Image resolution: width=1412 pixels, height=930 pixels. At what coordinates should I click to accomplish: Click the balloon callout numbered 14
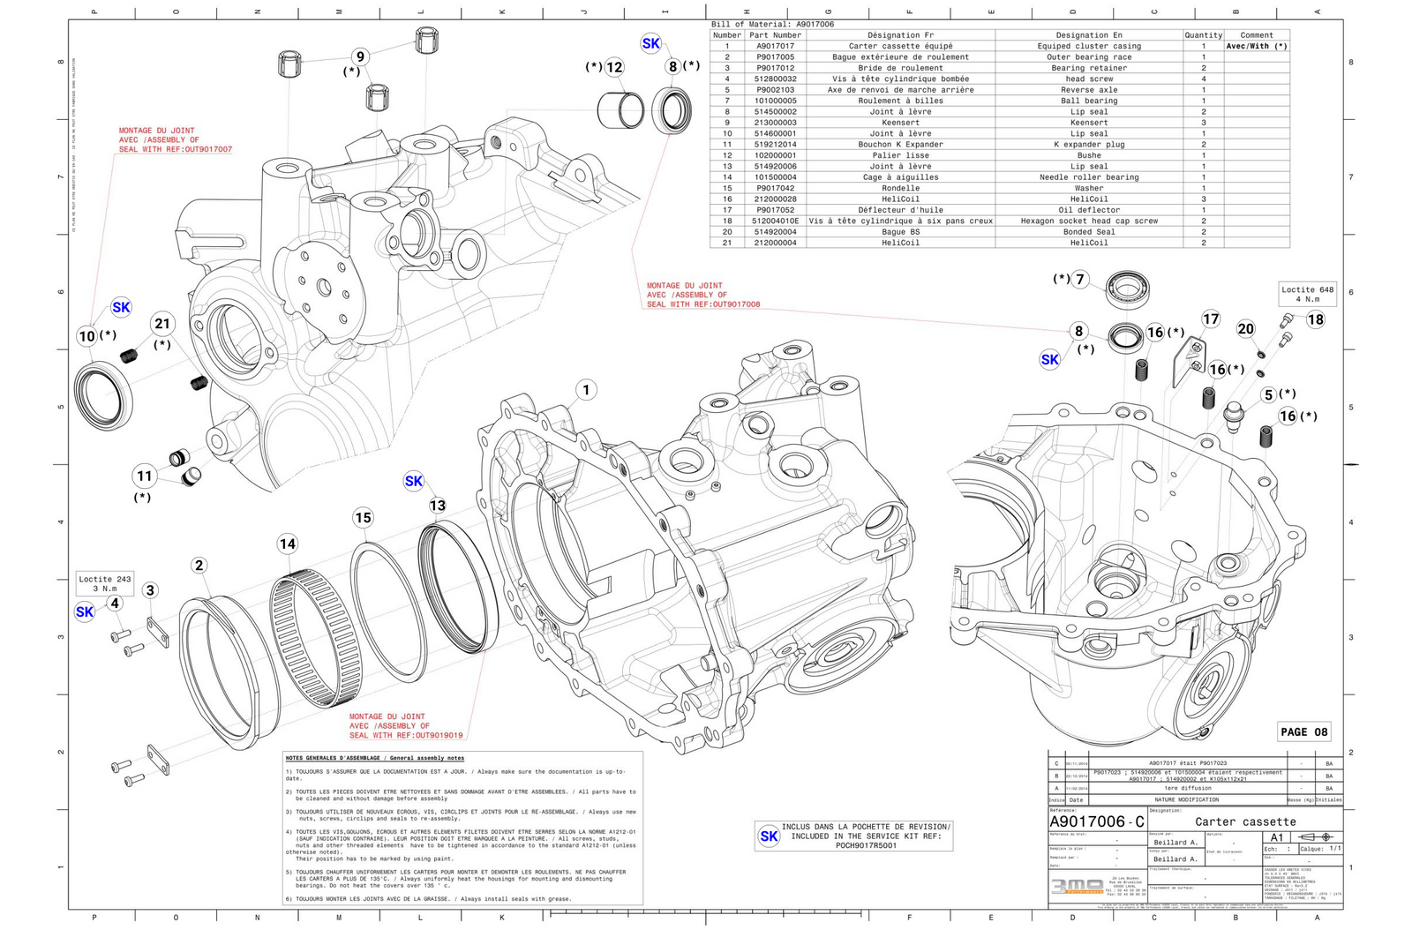point(288,544)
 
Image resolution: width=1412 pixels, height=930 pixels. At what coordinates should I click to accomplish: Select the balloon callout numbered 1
point(586,389)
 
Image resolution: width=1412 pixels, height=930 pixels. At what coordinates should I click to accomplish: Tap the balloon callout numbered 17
point(1211,319)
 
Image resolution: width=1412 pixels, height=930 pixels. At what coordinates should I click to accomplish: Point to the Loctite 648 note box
point(1308,294)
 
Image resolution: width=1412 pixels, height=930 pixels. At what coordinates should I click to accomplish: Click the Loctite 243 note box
point(104,583)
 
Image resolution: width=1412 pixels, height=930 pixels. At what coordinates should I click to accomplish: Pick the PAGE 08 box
point(1303,731)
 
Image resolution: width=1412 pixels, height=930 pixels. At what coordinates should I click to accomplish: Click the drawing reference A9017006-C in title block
point(1097,821)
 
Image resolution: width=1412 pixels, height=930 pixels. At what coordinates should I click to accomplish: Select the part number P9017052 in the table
point(775,210)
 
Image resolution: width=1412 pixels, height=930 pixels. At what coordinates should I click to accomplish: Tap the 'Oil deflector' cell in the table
point(1089,210)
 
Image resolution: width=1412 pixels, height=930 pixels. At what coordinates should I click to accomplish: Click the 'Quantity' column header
point(1203,35)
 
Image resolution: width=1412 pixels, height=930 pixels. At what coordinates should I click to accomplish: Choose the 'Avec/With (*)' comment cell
point(1256,46)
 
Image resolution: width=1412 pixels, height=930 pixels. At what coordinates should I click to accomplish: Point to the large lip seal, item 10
point(104,395)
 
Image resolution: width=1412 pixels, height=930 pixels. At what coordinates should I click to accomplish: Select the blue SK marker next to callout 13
point(414,481)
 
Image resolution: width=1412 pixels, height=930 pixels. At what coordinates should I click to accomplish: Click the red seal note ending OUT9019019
point(405,726)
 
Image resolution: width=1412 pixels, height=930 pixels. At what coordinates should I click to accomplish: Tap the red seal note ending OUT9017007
point(175,140)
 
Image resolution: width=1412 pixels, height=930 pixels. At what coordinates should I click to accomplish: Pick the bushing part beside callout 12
point(620,109)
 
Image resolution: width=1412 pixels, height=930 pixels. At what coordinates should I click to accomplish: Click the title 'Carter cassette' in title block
point(1245,821)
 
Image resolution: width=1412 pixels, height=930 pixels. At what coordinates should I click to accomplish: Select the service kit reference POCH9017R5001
point(866,845)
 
